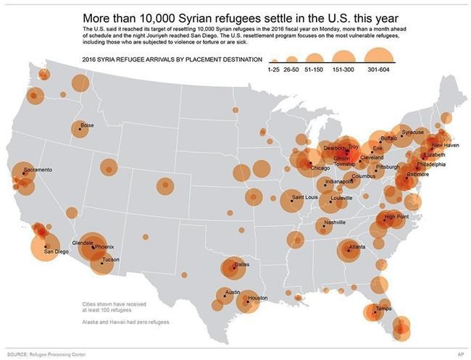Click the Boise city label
tap(88, 125)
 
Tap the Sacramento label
tap(38, 169)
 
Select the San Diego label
tap(57, 251)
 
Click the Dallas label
tap(242, 264)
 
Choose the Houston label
tap(258, 298)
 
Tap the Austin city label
tap(233, 292)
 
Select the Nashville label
tap(335, 222)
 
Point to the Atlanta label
tap(357, 247)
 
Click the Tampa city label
tap(383, 308)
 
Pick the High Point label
tap(396, 216)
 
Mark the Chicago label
tap(320, 168)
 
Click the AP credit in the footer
tap(460, 353)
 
